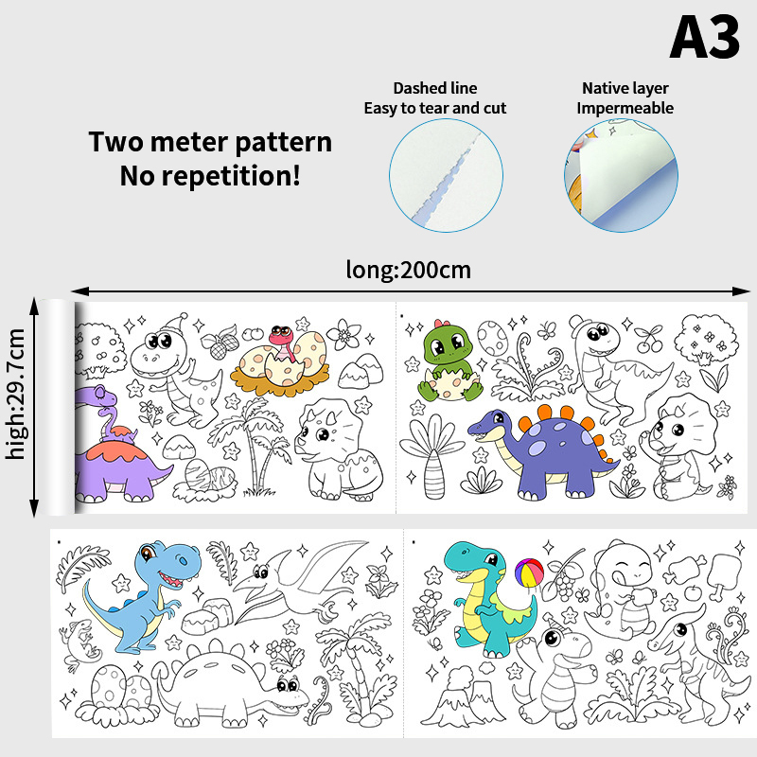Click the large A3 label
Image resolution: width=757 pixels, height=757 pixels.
tap(704, 37)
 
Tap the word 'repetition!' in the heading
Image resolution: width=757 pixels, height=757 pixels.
tap(231, 176)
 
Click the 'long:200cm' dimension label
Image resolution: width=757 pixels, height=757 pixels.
tap(409, 270)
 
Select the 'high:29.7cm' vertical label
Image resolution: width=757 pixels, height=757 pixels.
tap(16, 394)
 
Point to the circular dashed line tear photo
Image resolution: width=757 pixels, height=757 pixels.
tap(446, 176)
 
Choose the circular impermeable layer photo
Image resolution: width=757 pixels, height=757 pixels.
tap(621, 176)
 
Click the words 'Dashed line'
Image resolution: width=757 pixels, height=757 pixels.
tap(435, 88)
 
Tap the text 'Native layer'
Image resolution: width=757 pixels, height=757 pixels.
tap(625, 88)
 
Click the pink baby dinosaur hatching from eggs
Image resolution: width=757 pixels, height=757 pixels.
tap(281, 342)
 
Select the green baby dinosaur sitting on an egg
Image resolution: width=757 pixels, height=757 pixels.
tap(447, 360)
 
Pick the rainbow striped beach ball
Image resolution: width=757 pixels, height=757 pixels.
tap(529, 573)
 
